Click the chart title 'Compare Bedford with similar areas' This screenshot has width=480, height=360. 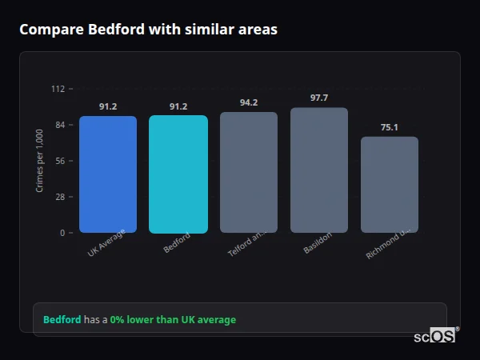(148, 30)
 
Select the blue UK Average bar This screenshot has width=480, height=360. (108, 174)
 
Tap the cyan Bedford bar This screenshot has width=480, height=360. (178, 174)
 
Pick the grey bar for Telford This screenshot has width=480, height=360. (249, 173)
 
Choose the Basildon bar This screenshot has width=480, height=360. (319, 170)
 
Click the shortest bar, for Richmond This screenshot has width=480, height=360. (390, 185)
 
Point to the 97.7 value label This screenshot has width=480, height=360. (319, 98)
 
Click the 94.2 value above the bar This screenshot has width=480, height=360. (249, 102)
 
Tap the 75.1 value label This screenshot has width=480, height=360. (390, 126)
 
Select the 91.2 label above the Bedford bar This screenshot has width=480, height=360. (178, 106)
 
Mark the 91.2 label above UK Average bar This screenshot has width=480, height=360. (108, 106)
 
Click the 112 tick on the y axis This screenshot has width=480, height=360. (58, 89)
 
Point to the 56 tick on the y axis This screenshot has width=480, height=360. (60, 161)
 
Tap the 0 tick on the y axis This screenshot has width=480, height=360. (62, 233)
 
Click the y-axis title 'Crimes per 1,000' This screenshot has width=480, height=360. (40, 161)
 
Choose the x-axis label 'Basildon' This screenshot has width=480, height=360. (318, 244)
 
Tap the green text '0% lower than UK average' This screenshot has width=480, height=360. (173, 320)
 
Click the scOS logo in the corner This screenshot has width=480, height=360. (435, 336)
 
